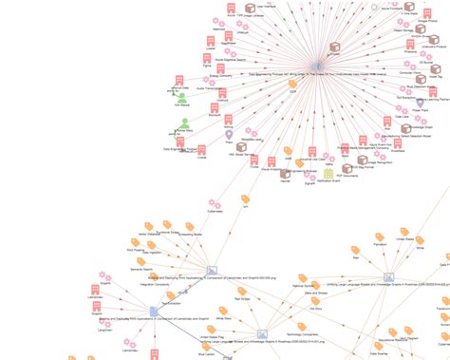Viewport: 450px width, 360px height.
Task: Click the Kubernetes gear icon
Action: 216,205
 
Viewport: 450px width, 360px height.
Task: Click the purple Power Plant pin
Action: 419,103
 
